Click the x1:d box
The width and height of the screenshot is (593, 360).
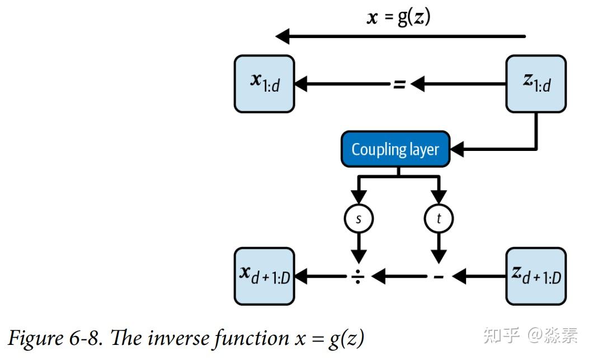pos(264,84)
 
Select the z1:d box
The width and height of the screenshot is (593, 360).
pos(536,84)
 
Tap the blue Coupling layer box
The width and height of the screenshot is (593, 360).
pos(395,149)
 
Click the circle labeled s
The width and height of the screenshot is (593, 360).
pos(359,219)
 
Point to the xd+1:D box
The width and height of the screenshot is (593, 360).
pos(264,276)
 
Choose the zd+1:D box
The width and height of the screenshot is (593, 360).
pos(536,276)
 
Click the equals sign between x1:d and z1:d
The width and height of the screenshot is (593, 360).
pos(398,85)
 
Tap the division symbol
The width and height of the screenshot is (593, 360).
pos(358,276)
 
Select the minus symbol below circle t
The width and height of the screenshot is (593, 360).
pos(439,276)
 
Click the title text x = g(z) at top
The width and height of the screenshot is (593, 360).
pos(398,17)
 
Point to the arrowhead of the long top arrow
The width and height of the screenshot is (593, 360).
pos(283,37)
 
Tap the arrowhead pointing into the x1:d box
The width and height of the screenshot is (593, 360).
pos(302,84)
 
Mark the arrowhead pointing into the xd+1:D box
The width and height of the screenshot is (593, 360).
pos(302,276)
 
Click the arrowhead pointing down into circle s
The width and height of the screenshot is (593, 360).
pos(359,198)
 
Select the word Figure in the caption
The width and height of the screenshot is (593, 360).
pos(34,338)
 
